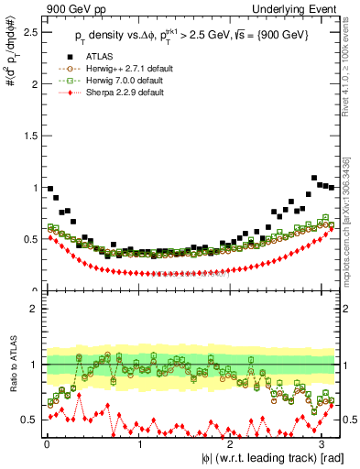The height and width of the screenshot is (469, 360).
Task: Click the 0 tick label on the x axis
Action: pyautogui.click(x=47, y=444)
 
